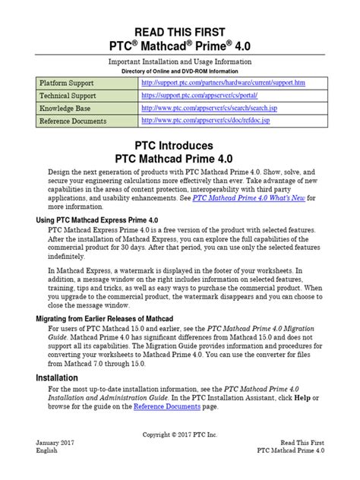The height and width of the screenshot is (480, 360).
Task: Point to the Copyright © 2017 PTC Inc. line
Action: [180, 434]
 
